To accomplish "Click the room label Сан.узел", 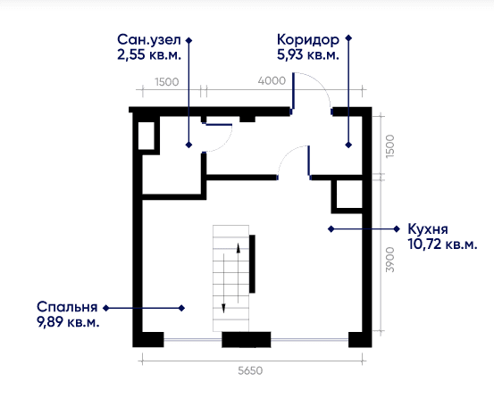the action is coord(149,40).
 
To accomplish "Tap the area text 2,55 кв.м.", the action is coord(149,55).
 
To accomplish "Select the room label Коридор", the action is coord(308,40).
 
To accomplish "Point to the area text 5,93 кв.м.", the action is coord(308,55).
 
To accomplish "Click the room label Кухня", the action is coord(428,229).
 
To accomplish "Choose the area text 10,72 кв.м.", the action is coord(442,245).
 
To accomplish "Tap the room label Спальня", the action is coord(67,307).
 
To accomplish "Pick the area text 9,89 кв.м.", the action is coord(68,322).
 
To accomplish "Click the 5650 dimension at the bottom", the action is coord(250,371).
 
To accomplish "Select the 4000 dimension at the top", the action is coord(272,81).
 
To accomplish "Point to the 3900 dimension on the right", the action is coord(390,260).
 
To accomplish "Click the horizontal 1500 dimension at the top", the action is coord(167,82).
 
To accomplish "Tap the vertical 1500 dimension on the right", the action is coord(390,146).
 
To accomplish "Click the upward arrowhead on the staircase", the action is coord(239,248).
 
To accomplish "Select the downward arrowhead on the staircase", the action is coord(223,309).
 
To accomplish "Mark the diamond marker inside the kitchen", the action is coord(331,229).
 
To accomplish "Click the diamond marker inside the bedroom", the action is coord(181,309).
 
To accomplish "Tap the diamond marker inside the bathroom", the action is coord(188,145).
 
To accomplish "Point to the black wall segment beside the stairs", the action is coord(252,263).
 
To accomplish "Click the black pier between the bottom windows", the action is coord(247,339).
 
